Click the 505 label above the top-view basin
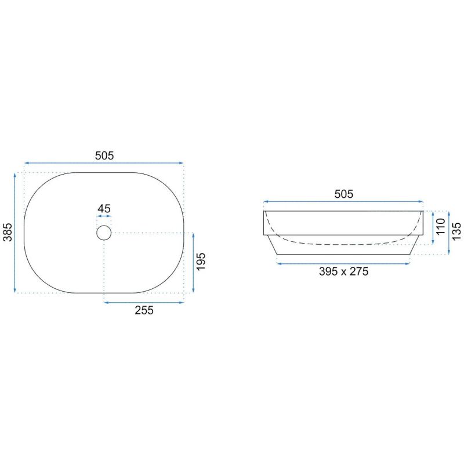[104, 155]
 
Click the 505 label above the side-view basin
[343, 194]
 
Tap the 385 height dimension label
[8, 233]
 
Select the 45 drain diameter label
[104, 209]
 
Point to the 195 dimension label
[201, 262]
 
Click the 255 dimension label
[144, 310]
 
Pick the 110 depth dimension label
[441, 226]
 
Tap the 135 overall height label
[456, 231]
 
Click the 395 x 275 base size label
[343, 271]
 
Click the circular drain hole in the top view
[104, 226]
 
